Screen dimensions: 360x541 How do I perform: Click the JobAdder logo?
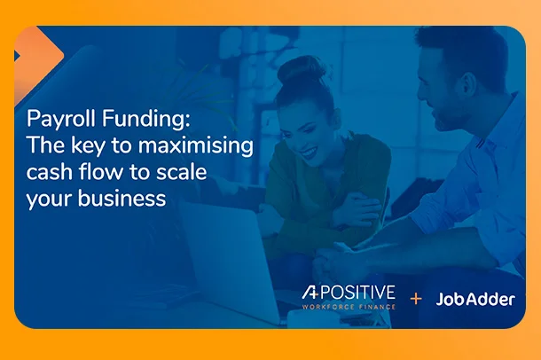point(475,299)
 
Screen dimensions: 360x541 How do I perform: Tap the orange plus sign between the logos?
point(415,299)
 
